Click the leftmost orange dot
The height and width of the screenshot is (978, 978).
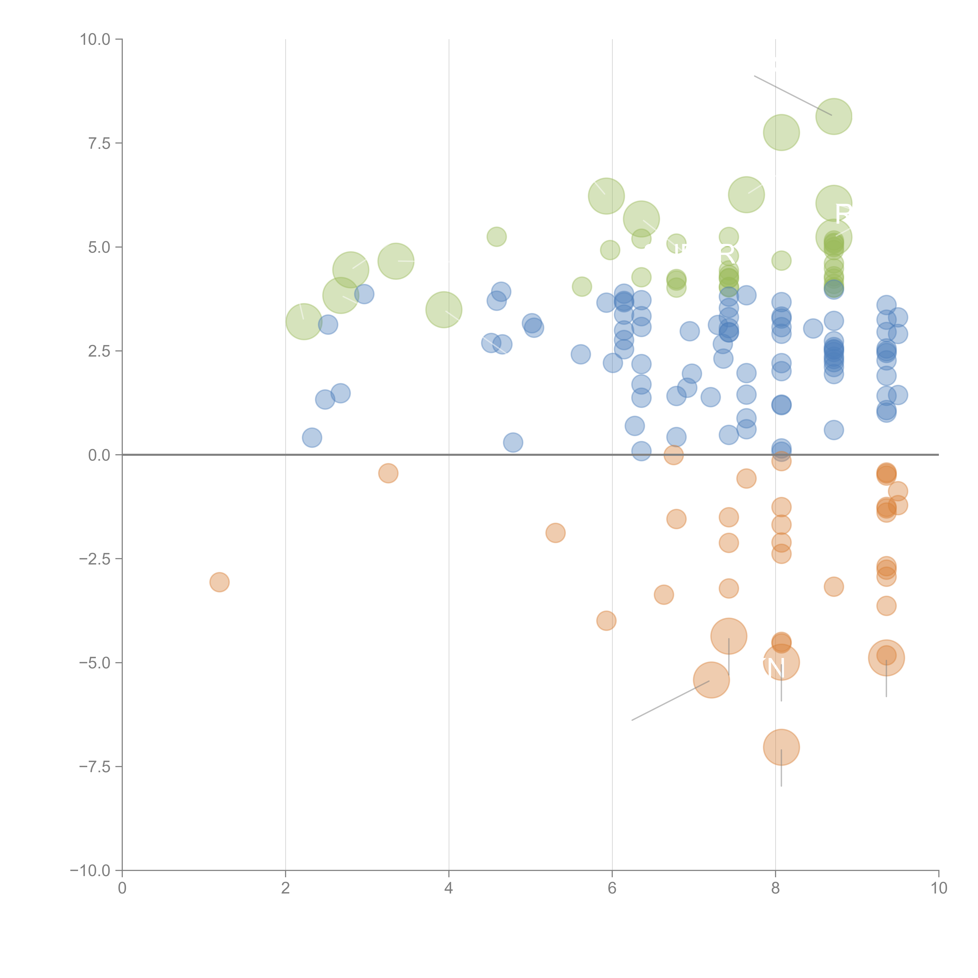point(219,582)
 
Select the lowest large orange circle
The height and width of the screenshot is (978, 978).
point(781,747)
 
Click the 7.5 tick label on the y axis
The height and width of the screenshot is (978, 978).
point(99,143)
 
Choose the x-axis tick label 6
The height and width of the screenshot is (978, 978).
point(612,888)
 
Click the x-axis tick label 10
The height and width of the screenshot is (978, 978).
point(938,888)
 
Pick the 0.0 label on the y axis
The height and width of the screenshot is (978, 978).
point(99,455)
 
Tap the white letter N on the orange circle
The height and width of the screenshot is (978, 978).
point(775,669)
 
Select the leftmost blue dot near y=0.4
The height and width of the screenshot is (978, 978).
point(312,437)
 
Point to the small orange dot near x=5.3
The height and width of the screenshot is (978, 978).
point(555,533)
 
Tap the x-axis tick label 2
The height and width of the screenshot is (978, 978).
point(286,888)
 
